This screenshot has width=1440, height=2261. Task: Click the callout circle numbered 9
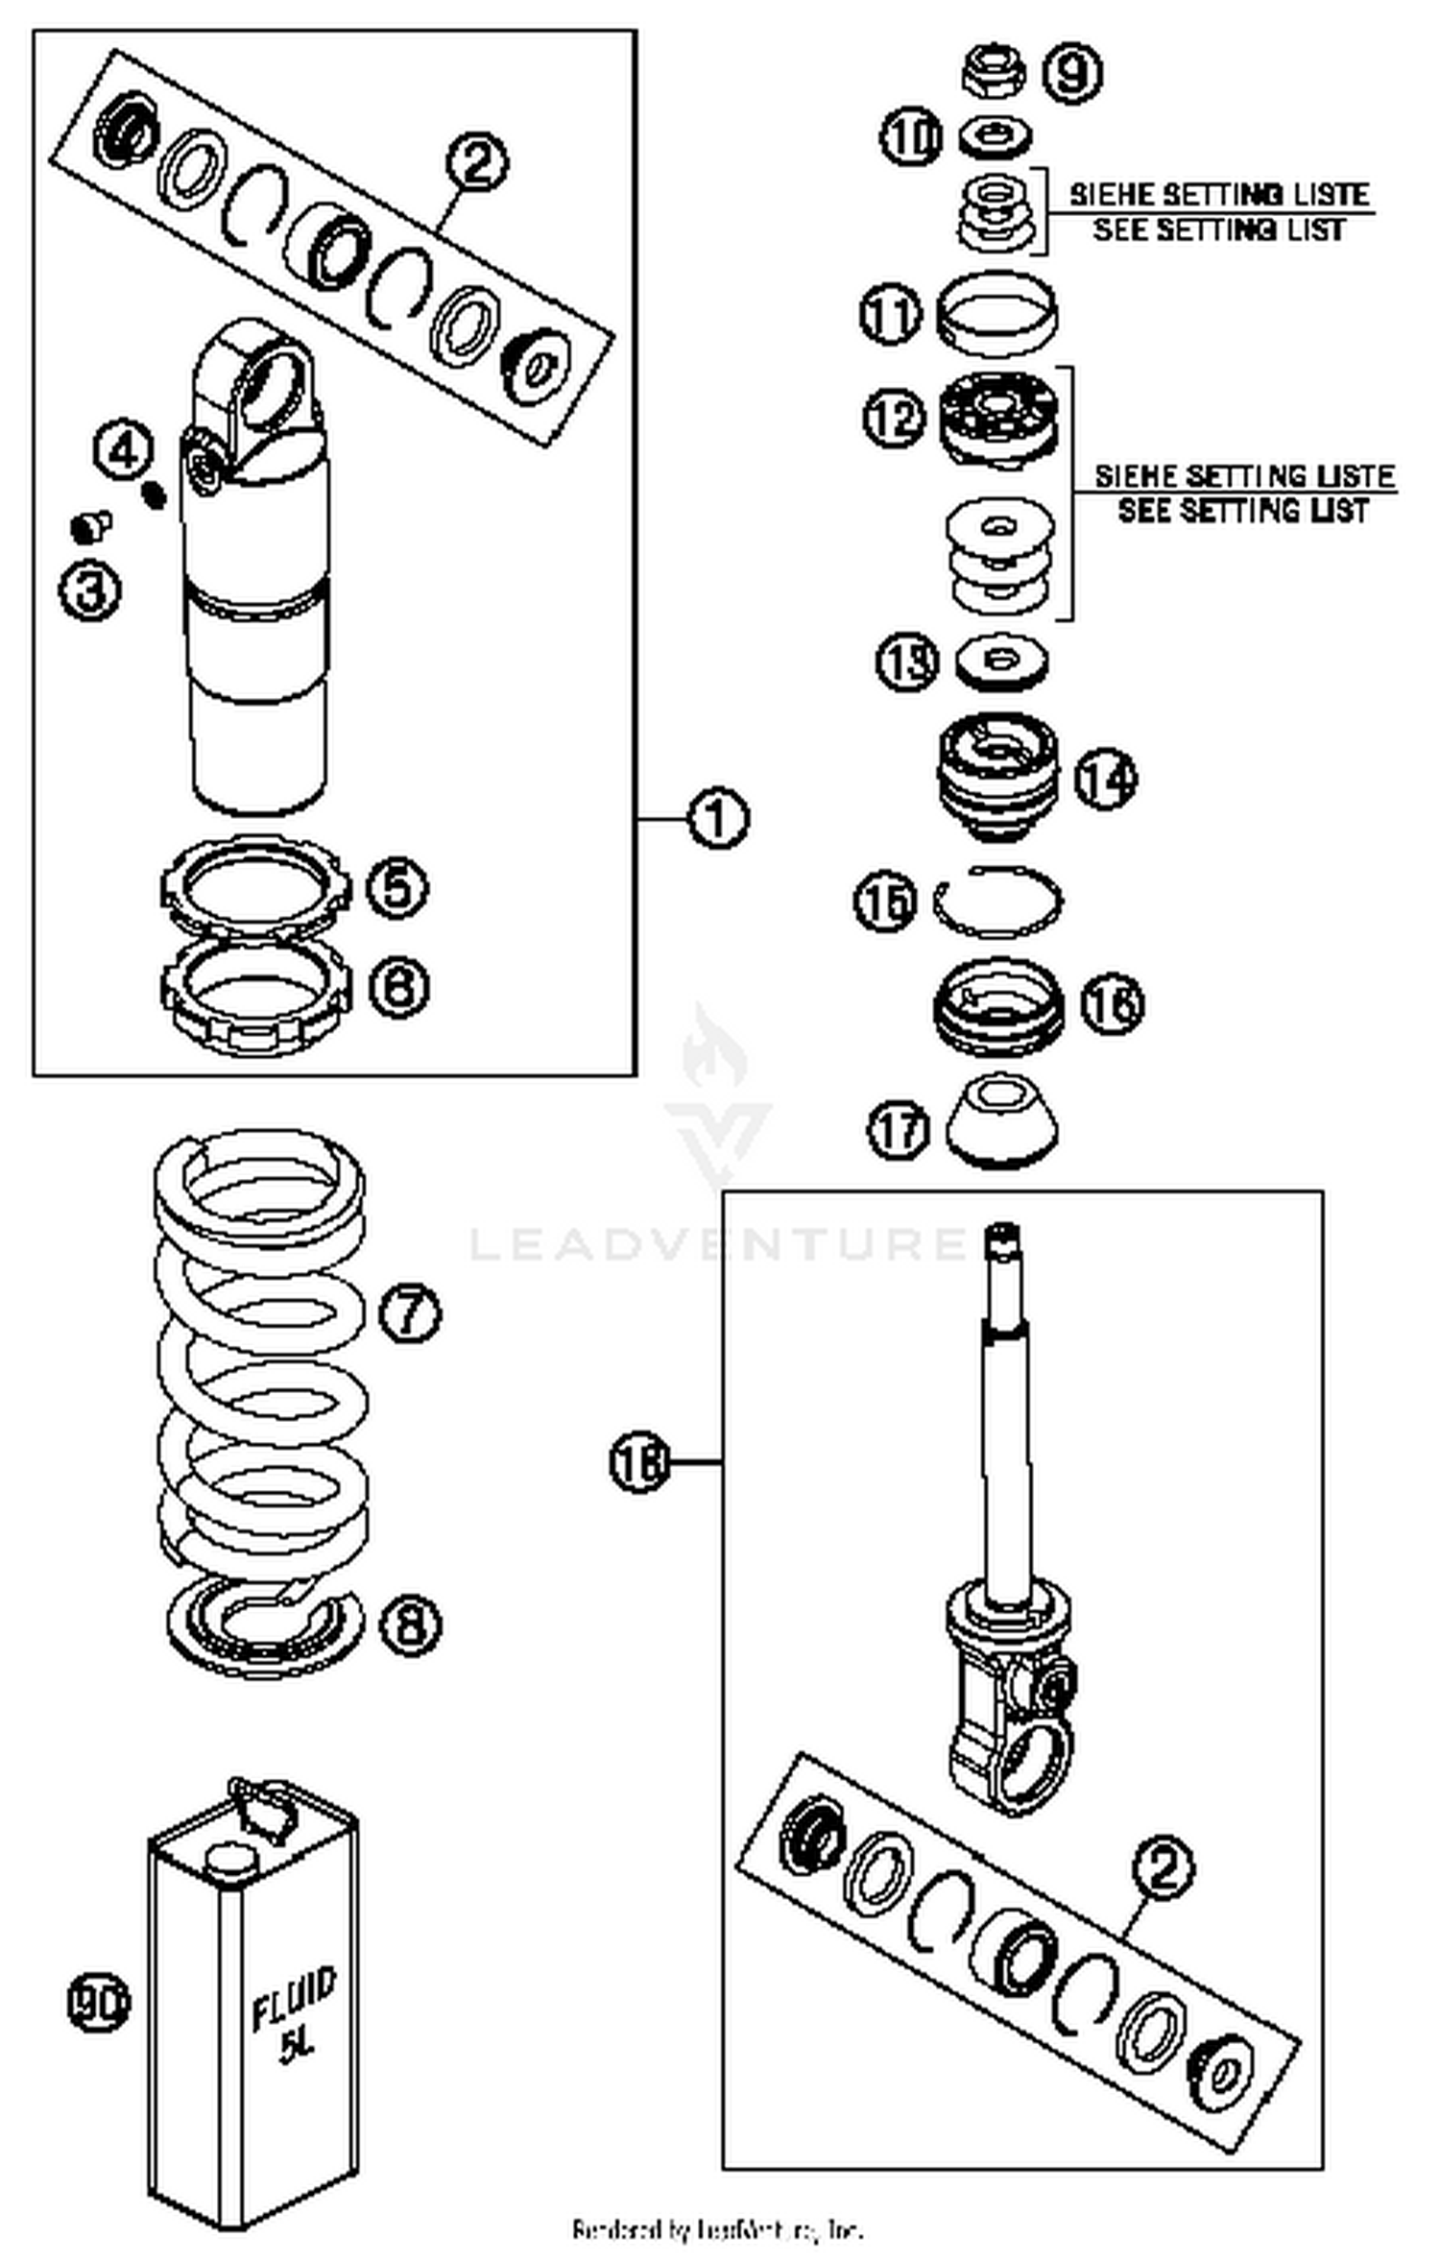1071,72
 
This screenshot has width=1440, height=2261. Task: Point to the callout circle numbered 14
1105,779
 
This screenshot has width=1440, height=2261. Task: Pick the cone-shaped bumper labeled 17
1001,1121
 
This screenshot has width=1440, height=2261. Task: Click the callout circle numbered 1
718,819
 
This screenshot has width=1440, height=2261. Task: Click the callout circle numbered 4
123,450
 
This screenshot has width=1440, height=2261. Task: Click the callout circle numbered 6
398,986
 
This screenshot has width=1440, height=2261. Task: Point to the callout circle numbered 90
99,2004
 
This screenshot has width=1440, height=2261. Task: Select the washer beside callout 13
1002,661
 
